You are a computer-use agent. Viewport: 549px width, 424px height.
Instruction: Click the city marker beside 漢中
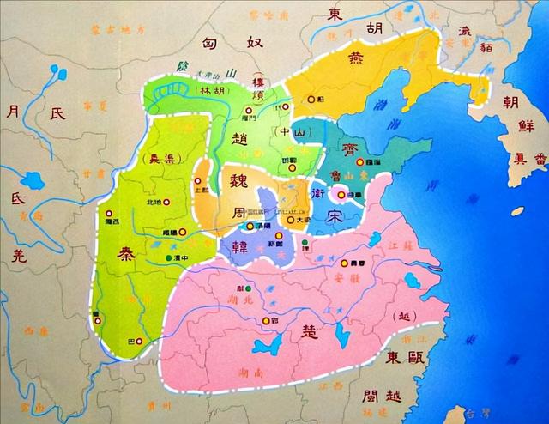(169, 257)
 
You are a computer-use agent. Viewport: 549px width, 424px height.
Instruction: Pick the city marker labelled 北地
(167, 203)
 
